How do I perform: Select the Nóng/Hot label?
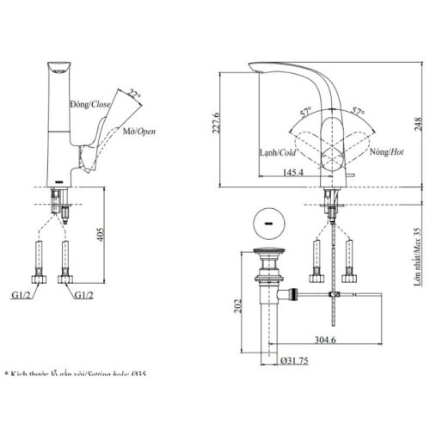386,152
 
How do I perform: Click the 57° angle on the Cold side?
304,113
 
